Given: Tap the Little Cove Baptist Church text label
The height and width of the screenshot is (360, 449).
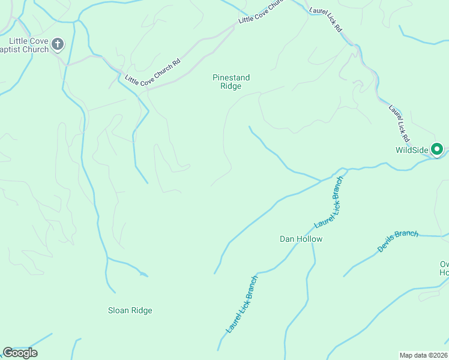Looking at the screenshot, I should click(25, 45).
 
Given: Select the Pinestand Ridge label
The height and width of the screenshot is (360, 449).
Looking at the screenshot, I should click(231, 82).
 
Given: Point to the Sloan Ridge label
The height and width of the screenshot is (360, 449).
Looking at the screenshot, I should click(130, 310).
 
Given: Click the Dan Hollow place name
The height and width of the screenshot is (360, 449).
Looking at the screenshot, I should click(301, 239).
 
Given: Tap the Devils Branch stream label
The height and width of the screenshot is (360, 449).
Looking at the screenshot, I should click(397, 241).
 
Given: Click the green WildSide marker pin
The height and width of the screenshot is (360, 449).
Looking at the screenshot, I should click(438, 149).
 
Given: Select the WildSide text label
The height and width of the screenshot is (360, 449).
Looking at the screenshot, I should click(411, 150).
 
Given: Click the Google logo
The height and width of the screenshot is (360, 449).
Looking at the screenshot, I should click(19, 353).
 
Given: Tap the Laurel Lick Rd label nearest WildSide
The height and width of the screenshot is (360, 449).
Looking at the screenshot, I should click(399, 124).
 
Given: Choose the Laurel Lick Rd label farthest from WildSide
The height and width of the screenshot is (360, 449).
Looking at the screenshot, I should click(326, 20).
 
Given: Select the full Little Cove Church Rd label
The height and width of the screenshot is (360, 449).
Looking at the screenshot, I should click(152, 72).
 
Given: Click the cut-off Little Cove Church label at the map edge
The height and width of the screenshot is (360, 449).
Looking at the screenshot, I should click(260, 12).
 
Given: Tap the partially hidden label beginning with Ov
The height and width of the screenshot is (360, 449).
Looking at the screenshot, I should click(444, 268).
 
